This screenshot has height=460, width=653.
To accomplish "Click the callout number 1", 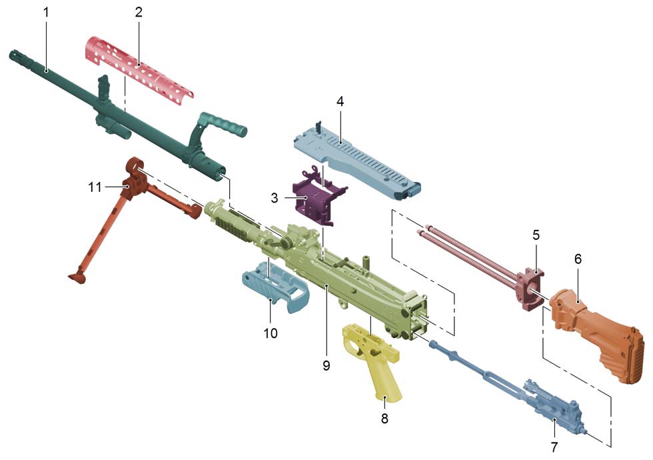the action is (46, 12).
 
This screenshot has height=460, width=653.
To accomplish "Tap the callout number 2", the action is (139, 12).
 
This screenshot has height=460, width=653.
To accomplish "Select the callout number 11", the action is (95, 187).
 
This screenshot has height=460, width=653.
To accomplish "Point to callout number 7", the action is (554, 447).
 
